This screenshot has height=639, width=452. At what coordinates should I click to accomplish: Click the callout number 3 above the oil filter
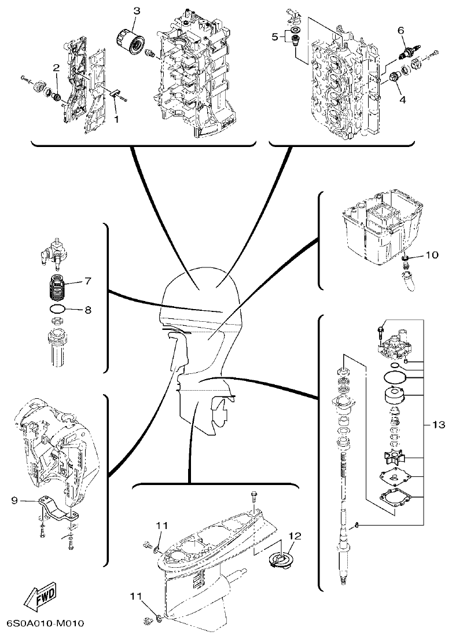(137, 11)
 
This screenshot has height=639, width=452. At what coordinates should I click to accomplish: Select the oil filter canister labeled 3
(128, 41)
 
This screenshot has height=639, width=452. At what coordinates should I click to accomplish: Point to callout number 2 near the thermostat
(56, 68)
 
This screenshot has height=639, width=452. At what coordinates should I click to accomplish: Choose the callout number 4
(402, 99)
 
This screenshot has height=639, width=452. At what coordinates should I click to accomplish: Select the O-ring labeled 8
(57, 310)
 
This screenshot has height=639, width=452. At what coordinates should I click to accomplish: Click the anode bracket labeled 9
(56, 508)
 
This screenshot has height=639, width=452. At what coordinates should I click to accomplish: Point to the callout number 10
(433, 254)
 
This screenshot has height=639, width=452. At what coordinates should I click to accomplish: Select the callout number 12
(295, 536)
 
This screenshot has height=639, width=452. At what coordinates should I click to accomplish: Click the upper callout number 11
(161, 526)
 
